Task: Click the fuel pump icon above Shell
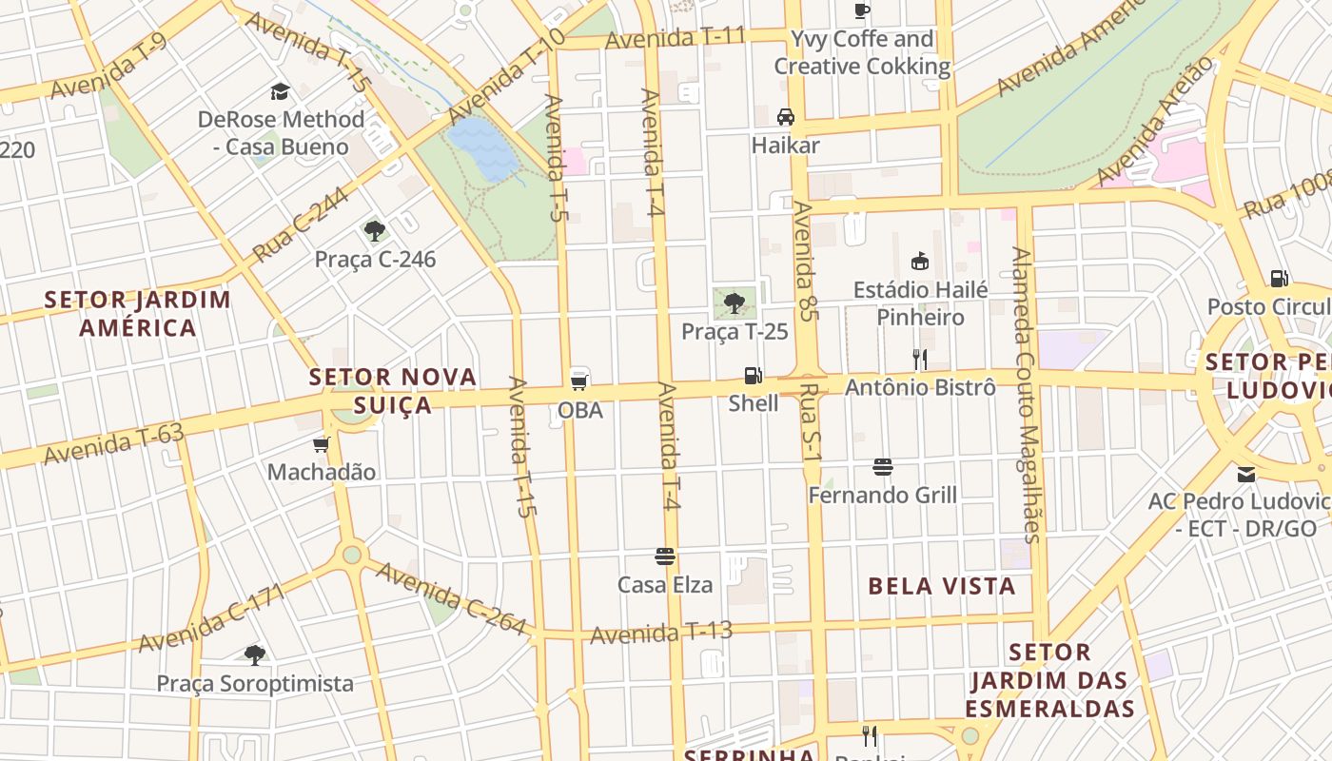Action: [x=753, y=376]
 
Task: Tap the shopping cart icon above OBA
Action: [x=578, y=381]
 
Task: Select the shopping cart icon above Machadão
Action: [x=321, y=444]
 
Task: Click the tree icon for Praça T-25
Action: [x=734, y=303]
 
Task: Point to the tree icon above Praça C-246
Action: [x=375, y=231]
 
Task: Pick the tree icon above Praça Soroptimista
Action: [x=254, y=654]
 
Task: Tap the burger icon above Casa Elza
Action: [x=665, y=556]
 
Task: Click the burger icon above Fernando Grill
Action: [x=883, y=467]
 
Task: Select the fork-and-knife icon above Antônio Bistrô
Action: [x=919, y=359]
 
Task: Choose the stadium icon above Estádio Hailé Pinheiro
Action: [x=920, y=261]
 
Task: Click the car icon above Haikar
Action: [x=785, y=117]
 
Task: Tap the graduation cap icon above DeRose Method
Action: [x=280, y=91]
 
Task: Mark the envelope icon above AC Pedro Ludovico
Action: [x=1245, y=474]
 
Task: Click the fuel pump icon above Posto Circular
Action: [x=1280, y=279]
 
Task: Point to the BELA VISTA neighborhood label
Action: [x=941, y=586]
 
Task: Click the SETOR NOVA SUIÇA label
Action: [x=393, y=391]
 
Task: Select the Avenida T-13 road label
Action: [x=661, y=633]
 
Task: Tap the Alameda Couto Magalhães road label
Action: [x=1027, y=395]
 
